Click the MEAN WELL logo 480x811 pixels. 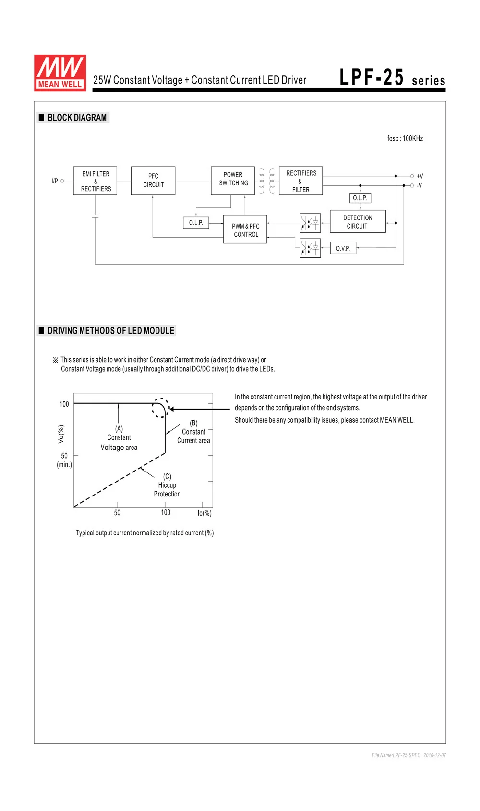coord(60,73)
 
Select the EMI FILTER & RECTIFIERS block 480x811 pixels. coord(95,181)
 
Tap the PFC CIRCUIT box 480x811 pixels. coord(153,181)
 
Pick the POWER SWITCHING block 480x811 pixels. coord(233,181)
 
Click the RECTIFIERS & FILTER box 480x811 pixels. coord(301,181)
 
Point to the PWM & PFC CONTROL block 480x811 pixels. coord(245,229)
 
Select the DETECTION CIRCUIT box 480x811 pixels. coord(358,221)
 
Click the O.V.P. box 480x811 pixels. coord(343,248)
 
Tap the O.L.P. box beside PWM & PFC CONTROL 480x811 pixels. coord(196,223)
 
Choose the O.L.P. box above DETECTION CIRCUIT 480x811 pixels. coord(360,198)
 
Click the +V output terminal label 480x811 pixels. coord(420,176)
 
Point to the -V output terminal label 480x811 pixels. coord(420,185)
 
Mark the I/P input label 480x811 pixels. coord(55,181)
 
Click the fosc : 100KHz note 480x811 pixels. coord(405,138)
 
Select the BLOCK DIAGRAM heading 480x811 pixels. coord(77,117)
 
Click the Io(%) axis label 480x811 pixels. coord(204,513)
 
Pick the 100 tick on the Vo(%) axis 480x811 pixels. coord(64,404)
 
